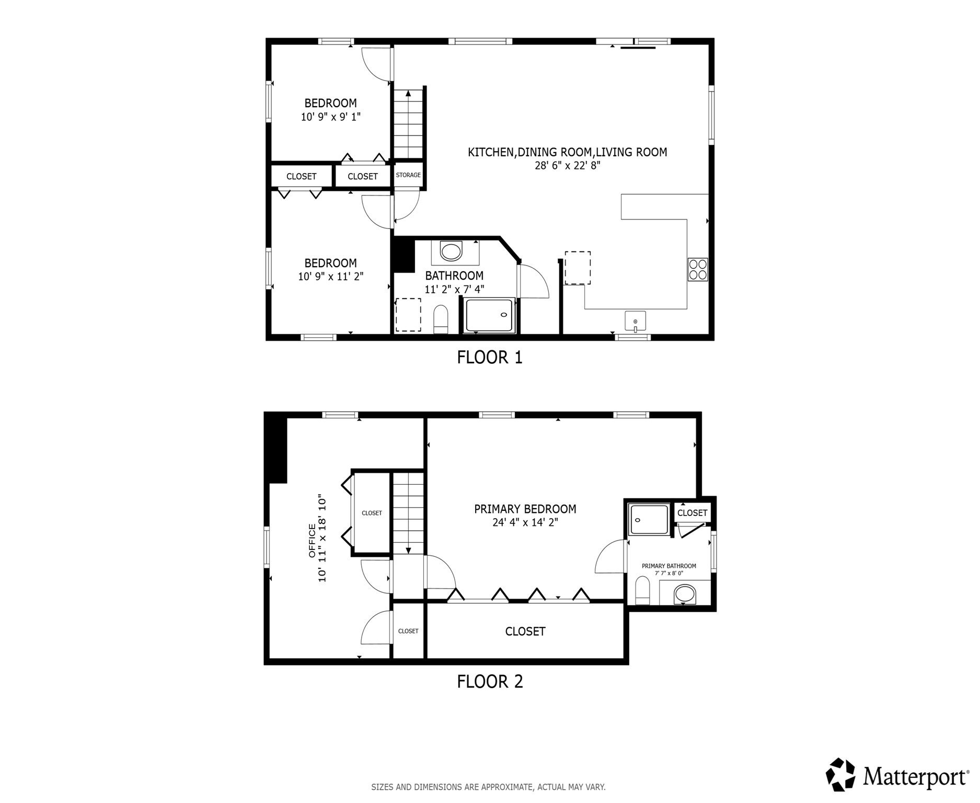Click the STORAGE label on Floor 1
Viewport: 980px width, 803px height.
(x=408, y=175)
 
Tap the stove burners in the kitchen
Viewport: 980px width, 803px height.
(x=697, y=270)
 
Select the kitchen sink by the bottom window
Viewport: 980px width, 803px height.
(x=635, y=320)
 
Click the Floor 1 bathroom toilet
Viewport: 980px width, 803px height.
(x=441, y=319)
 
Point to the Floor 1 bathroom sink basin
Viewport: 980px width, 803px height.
(x=451, y=251)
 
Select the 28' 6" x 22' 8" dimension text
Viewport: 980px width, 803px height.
(x=567, y=166)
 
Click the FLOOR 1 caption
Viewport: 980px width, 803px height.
(x=489, y=358)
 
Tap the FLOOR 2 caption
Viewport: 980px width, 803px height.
(x=489, y=682)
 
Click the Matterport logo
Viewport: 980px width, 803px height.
(x=897, y=776)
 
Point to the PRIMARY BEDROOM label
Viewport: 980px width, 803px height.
(x=525, y=509)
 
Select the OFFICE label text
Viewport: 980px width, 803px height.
(x=312, y=541)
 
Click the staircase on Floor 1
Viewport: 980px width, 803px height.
(x=408, y=124)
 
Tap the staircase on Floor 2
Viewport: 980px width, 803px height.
(x=408, y=512)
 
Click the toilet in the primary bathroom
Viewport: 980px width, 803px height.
(x=642, y=591)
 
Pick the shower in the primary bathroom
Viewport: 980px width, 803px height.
(x=649, y=519)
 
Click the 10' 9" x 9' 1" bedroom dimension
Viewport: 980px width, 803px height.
(x=330, y=117)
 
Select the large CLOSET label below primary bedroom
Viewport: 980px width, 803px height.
(x=525, y=632)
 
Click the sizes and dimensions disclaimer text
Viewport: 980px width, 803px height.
(x=488, y=787)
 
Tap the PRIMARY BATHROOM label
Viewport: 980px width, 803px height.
(x=668, y=566)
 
